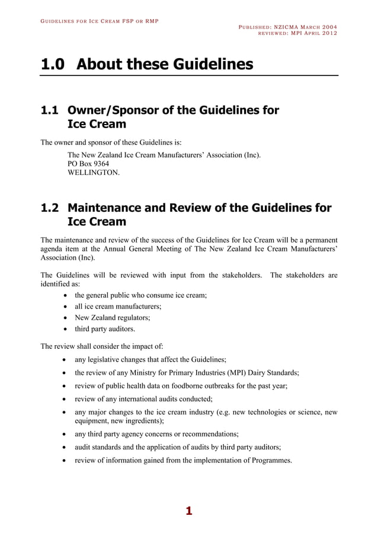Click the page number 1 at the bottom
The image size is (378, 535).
pos(189,511)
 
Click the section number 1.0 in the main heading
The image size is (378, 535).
pos(53,64)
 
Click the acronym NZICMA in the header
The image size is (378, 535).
pos(287,27)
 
